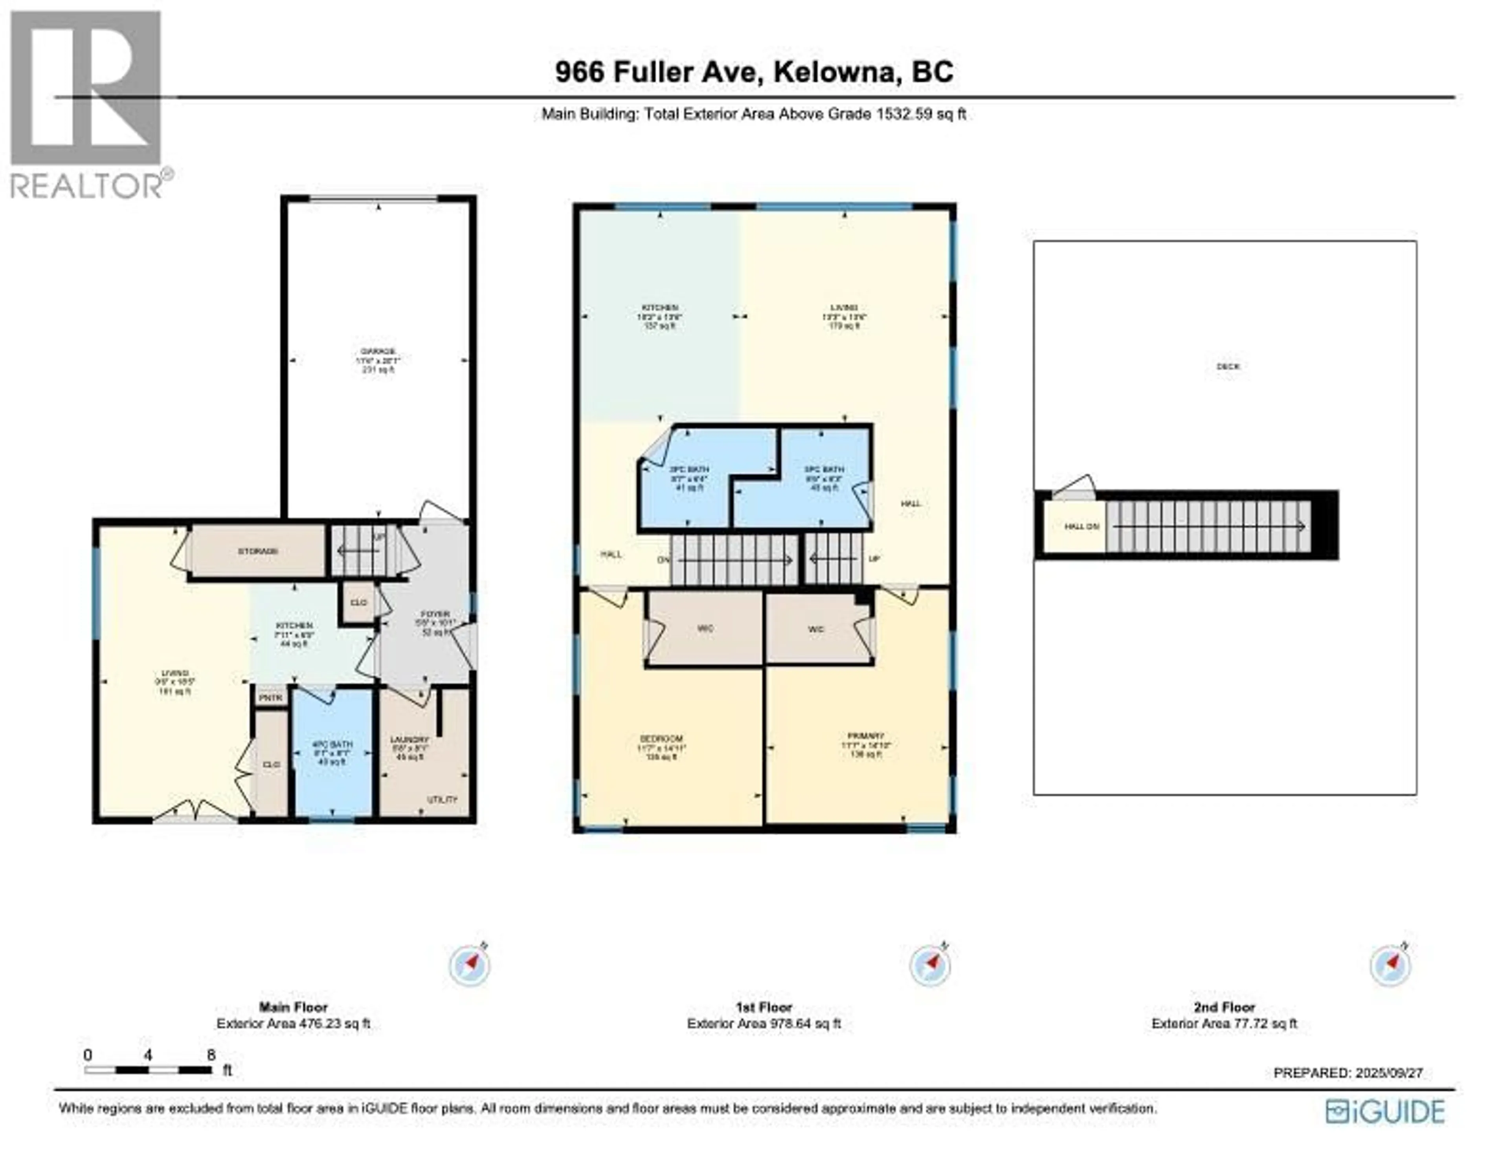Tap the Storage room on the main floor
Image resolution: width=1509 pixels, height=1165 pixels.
258,551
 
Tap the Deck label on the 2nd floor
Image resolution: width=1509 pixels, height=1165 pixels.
1228,367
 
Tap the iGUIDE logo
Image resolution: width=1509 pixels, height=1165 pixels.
1385,1112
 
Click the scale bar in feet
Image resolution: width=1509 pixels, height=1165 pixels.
149,1070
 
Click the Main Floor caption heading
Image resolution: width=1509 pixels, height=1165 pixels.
293,1007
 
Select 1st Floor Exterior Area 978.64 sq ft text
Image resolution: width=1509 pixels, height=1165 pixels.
764,1023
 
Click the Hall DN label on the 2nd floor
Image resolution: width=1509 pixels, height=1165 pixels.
1081,526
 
